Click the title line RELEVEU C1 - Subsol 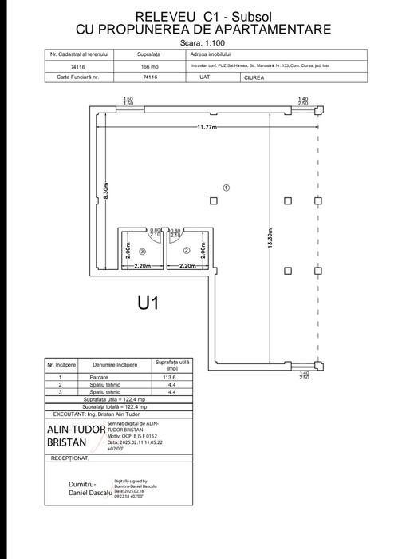click(x=199, y=15)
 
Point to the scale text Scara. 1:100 click(x=199, y=41)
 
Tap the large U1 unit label click(x=150, y=303)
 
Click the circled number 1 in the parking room click(x=227, y=188)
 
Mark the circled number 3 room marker click(x=142, y=251)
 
